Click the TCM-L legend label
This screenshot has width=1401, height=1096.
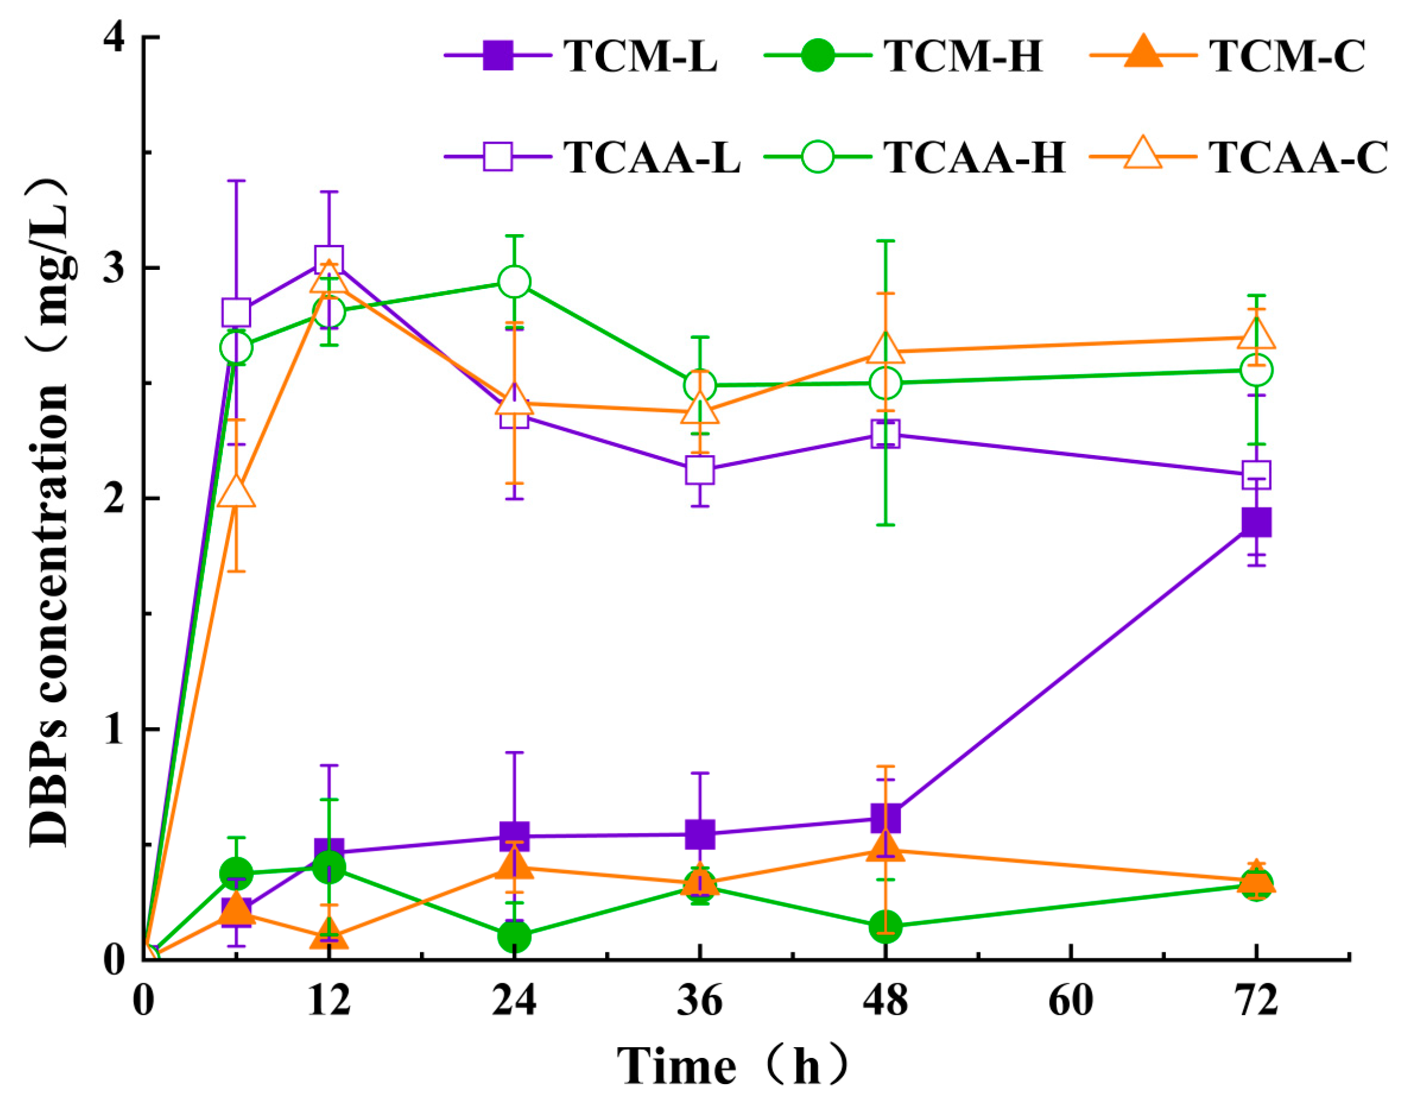coord(640,56)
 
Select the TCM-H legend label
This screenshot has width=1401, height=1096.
coord(963,56)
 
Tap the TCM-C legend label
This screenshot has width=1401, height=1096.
coord(1287,56)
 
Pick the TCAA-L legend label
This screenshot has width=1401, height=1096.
coord(652,157)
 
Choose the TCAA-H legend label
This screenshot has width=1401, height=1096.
coord(976,157)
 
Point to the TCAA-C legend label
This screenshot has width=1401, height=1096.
coord(1299,157)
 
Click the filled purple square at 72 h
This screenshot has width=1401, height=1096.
coord(1256,522)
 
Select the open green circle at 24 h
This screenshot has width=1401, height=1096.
coord(514,282)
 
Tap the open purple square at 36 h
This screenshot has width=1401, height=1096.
coord(699,471)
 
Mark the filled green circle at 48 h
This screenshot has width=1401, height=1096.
coord(886,927)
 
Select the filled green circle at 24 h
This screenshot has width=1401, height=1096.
coord(514,936)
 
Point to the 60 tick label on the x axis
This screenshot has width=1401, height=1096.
coord(1070,1001)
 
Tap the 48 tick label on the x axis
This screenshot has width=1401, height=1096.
coord(886,1001)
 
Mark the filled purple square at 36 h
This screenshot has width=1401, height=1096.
coord(699,834)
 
